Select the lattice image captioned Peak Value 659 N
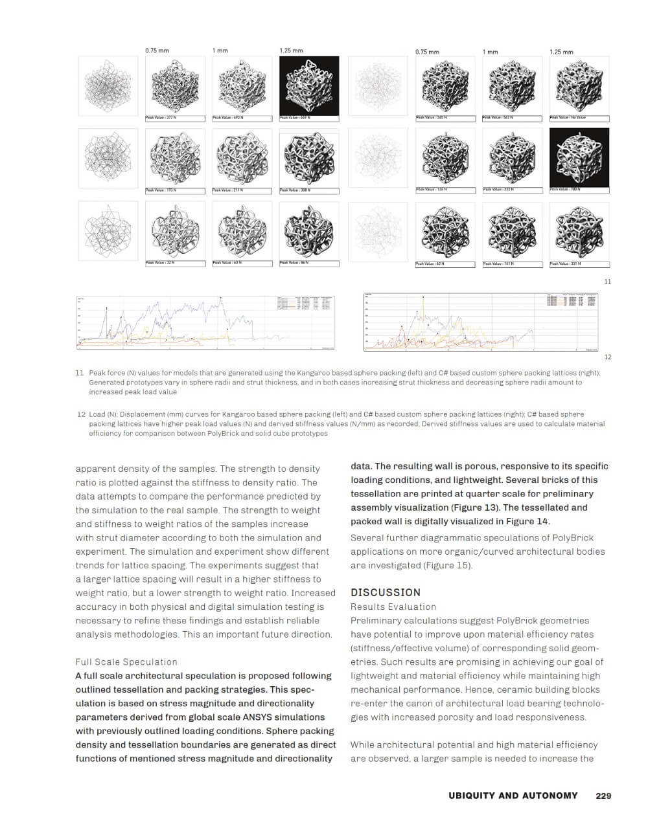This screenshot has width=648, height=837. coord(309,85)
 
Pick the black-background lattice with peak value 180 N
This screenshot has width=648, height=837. coord(579,157)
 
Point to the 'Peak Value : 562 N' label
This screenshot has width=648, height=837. coord(498,118)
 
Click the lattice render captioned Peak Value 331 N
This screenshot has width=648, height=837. coord(579,231)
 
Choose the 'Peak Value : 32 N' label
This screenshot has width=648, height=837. coord(159,263)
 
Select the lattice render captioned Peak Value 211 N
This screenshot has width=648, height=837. coord(242,157)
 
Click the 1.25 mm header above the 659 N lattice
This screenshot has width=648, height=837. coord(291,50)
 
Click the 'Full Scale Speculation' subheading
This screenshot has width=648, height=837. coord(126,662)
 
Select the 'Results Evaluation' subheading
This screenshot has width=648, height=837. coord(393,607)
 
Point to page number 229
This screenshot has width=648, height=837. coord(603,796)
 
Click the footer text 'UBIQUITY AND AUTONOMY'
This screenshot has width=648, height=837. coord(513,796)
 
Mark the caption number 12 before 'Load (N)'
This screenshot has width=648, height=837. coord(81,414)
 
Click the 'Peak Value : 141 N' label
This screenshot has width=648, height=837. coord(498,264)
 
